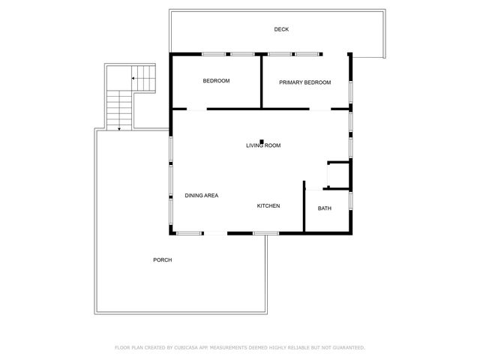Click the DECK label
[x=281, y=29]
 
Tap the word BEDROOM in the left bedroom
[x=216, y=81]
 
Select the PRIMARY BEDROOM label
[x=304, y=82]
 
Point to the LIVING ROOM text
[x=263, y=145]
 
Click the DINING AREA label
[x=202, y=196]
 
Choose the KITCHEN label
[x=268, y=205]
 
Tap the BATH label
[x=325, y=208]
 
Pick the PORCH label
[x=163, y=260]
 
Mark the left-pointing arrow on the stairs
[x=135, y=77]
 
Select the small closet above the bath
[x=339, y=175]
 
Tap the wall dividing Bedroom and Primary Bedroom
[x=260, y=81]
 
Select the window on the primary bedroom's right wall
[x=351, y=88]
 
